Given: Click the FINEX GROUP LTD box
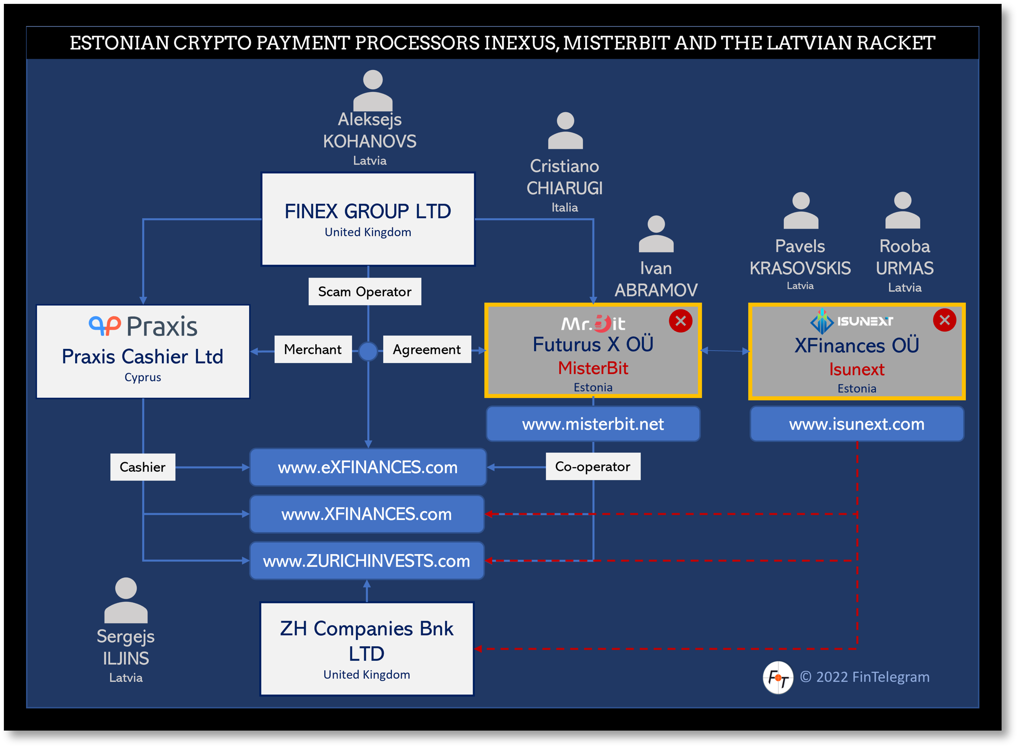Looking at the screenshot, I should [368, 219].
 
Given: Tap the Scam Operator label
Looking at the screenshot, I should [364, 292].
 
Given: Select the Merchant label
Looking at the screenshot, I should [313, 349].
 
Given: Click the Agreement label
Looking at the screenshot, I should [427, 349].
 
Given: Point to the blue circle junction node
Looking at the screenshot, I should [368, 351].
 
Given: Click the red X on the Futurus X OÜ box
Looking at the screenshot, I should [681, 321].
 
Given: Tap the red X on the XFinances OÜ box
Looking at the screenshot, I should [944, 320].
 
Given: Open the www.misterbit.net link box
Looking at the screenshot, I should [593, 424].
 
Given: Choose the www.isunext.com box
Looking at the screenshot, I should [857, 424].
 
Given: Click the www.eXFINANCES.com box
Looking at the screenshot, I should [368, 467].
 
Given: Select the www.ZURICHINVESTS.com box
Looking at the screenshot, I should [367, 560].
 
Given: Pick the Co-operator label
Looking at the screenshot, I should [592, 467].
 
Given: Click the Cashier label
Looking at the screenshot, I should [143, 467].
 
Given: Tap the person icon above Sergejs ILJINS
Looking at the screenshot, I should [126, 600].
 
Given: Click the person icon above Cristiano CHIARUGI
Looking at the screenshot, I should [565, 131].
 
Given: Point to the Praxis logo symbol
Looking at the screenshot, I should [105, 326].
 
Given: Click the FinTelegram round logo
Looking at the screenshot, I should [777, 677].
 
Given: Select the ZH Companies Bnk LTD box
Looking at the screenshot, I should [367, 649].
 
